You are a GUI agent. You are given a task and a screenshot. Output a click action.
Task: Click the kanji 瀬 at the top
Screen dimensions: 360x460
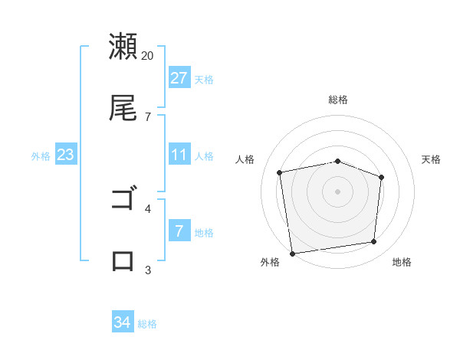tap(123, 46)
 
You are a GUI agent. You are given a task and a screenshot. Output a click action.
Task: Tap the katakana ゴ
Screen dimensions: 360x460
tap(123, 199)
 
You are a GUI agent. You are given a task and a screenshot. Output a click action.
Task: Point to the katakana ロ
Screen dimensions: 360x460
tap(123, 260)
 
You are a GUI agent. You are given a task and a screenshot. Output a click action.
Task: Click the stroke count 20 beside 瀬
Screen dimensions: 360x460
tap(148, 56)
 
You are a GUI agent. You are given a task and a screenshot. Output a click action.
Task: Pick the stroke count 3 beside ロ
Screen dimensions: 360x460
tap(148, 270)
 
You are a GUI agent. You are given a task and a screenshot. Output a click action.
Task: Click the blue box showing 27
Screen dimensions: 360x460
tap(179, 77)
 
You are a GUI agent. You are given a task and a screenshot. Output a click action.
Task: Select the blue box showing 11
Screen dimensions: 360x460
tap(179, 155)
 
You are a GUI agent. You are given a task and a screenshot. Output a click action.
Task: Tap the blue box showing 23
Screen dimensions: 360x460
tap(66, 155)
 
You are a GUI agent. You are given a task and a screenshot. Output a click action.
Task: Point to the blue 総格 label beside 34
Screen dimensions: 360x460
tap(147, 324)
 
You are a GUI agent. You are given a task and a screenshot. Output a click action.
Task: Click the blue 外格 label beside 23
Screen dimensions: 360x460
tap(41, 156)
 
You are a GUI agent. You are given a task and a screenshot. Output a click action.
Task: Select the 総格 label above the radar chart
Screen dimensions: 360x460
tap(338, 100)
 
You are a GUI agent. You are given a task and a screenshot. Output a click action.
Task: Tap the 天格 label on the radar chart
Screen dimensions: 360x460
tap(432, 159)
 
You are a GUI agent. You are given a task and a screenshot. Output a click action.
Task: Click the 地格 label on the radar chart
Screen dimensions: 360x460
tap(402, 262)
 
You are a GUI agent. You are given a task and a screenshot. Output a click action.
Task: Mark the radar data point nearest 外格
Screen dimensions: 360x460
tap(292, 253)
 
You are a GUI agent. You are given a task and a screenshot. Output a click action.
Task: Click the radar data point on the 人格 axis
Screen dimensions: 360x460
tap(280, 172)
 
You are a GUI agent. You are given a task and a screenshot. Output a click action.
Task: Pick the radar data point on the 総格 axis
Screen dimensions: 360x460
tap(338, 161)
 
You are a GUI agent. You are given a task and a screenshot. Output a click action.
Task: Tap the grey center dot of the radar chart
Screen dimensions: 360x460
tap(338, 191)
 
